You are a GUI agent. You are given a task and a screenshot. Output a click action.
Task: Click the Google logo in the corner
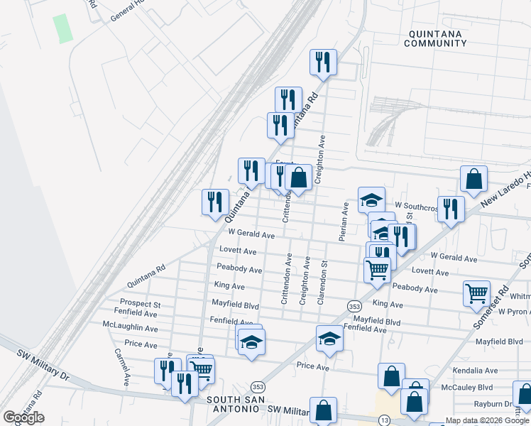[x=23, y=417]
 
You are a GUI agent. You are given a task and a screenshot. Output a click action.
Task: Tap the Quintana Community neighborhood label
[x=435, y=38]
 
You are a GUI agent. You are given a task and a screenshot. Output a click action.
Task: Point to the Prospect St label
[x=141, y=305]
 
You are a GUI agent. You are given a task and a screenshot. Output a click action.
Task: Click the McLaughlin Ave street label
[x=130, y=328]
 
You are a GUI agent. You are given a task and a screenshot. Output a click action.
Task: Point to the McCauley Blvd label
[x=466, y=388]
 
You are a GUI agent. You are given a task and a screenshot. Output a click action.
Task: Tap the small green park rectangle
[x=63, y=28]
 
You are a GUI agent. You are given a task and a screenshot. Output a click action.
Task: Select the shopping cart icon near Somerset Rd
[x=476, y=293]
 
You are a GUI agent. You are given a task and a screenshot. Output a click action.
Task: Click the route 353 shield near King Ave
[x=355, y=306]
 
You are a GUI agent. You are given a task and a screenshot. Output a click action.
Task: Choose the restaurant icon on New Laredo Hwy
[x=451, y=209]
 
